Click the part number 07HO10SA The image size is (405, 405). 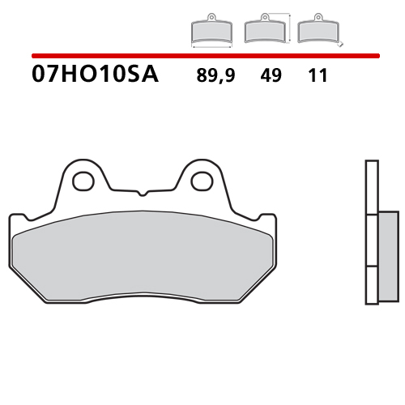96,75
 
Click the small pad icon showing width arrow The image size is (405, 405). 213,32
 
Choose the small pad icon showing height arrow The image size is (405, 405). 266,31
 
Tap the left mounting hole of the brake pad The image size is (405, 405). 83,180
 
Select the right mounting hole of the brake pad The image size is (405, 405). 199,180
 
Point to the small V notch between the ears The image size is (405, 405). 141,193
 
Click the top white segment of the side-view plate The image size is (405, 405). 371,186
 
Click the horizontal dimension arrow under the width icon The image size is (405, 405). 213,47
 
